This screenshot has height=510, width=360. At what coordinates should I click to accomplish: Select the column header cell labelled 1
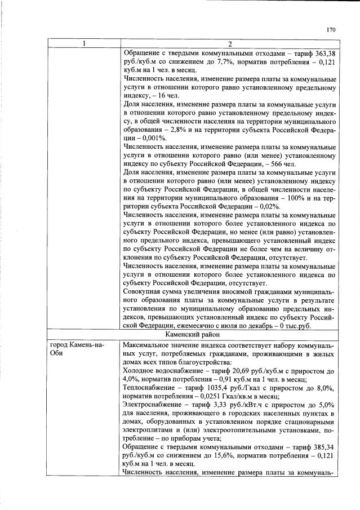(84, 45)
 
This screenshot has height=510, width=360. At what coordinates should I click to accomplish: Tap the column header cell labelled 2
(229, 45)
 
